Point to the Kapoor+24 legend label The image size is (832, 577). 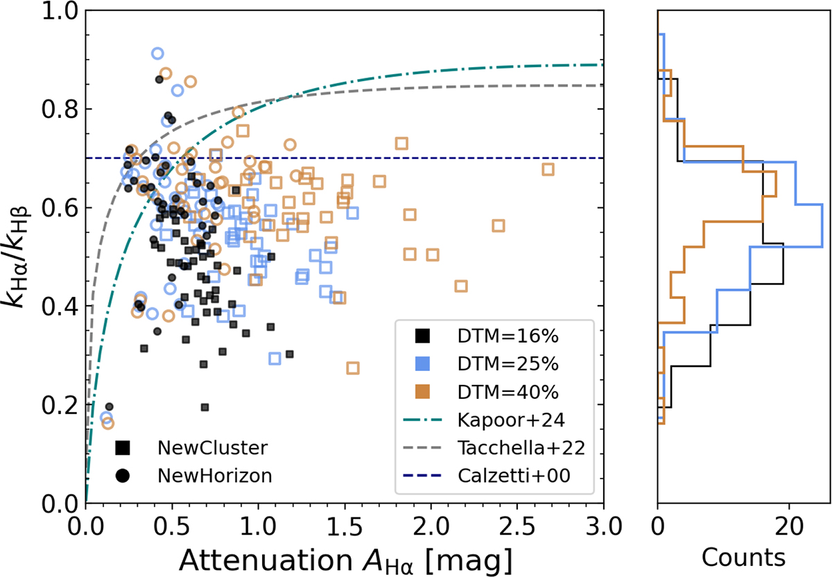[511, 420]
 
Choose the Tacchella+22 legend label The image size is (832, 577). [521, 448]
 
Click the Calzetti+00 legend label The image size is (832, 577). [514, 476]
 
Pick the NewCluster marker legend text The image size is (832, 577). [212, 448]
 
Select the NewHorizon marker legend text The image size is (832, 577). [215, 476]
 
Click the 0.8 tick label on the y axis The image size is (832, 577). [60, 110]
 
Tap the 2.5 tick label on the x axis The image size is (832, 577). [517, 527]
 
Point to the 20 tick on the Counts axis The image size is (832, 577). [789, 527]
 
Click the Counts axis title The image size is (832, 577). [743, 558]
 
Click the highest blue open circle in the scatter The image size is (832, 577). [157, 53]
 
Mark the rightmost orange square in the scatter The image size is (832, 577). [548, 169]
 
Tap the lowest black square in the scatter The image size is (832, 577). [205, 407]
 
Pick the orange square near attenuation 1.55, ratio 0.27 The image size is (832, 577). [353, 368]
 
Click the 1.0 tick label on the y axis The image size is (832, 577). [60, 11]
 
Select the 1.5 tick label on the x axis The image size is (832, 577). [345, 527]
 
